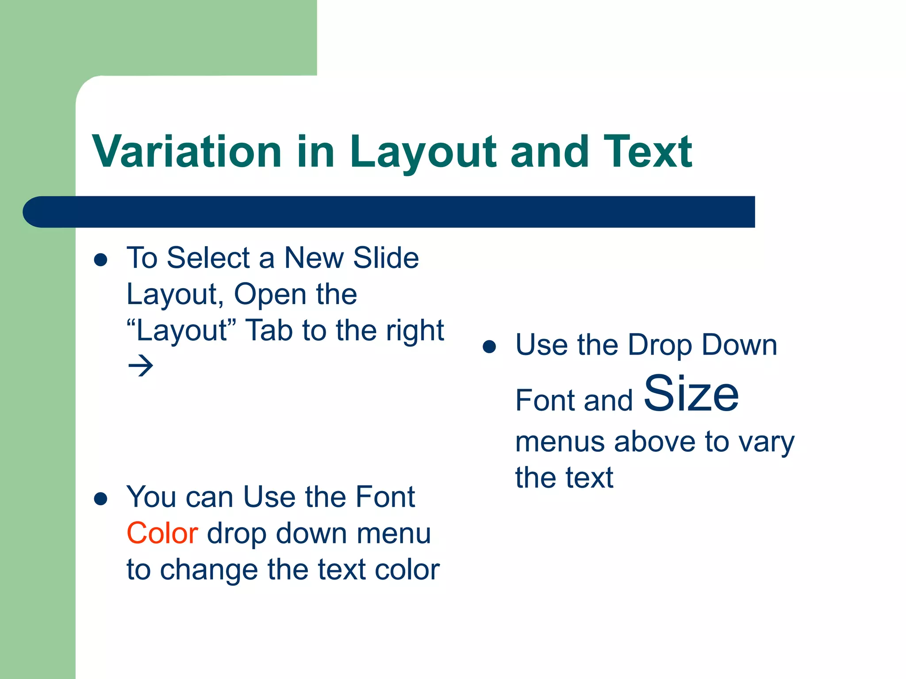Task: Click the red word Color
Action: point(162,533)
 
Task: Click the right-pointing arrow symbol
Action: point(141,366)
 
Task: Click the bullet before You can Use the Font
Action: point(101,499)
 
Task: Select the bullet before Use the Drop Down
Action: point(489,347)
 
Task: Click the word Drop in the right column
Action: point(659,345)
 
